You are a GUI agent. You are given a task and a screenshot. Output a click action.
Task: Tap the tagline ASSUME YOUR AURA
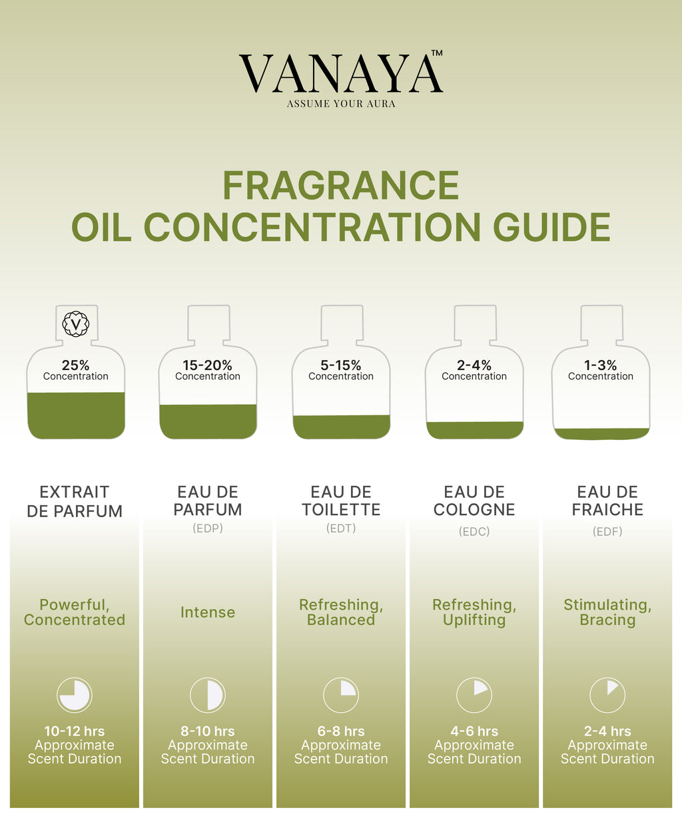coord(341,104)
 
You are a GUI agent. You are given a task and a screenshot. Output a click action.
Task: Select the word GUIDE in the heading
coord(551,227)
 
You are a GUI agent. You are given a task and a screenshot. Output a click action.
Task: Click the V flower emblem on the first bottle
coord(76,324)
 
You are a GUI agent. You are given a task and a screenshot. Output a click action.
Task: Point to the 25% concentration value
coord(76,365)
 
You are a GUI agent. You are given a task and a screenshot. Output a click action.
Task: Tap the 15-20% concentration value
coord(207,365)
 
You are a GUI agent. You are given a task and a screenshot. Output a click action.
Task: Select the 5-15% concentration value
coord(340,365)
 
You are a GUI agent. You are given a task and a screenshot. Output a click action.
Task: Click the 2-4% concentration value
coord(474,365)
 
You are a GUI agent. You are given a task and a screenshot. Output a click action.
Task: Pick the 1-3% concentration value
coord(600,365)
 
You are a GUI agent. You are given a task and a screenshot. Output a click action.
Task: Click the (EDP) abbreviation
coord(208,528)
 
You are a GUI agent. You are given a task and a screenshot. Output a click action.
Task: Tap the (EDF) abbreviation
coord(607,532)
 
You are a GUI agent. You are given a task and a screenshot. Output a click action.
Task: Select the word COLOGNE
coord(474,510)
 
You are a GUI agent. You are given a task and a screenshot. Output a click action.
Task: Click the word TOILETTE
coord(341,510)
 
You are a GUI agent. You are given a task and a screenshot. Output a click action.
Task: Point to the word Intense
coord(208,612)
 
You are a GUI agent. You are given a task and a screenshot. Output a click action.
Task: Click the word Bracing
coord(607,620)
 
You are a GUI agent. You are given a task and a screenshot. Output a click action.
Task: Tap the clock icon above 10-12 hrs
coord(75,696)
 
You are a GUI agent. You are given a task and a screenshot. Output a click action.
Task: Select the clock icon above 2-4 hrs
coord(607,696)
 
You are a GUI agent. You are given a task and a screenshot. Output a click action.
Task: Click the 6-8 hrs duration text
coord(341,731)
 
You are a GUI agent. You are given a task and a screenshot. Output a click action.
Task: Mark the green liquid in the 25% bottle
coord(76,415)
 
